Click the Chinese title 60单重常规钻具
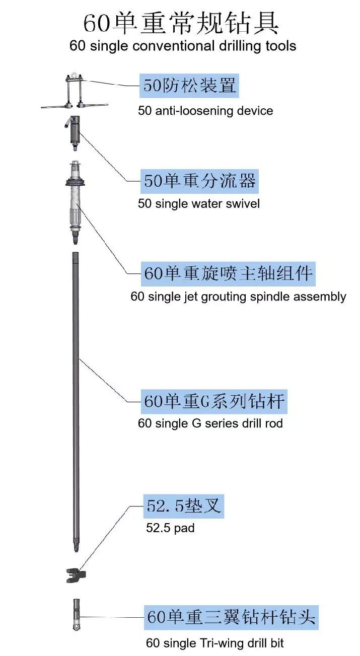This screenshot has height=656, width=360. pyautogui.click(x=181, y=23)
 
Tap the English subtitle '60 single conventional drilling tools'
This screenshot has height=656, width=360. pyautogui.click(x=183, y=46)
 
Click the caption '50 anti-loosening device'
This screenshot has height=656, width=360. pyautogui.click(x=205, y=111)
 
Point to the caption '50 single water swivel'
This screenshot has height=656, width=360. pyautogui.click(x=199, y=204)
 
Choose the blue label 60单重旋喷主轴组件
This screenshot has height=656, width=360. pyautogui.click(x=228, y=274)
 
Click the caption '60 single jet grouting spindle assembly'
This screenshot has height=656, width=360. pyautogui.click(x=238, y=297)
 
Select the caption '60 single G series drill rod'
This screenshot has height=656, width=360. pyautogui.click(x=210, y=423)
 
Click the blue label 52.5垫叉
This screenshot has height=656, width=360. pyautogui.click(x=183, y=506)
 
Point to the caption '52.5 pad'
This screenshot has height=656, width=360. pyautogui.click(x=170, y=529)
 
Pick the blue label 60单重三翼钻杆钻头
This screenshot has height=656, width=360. pyautogui.click(x=231, y=616)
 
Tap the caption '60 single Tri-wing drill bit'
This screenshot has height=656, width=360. pyautogui.click(x=215, y=643)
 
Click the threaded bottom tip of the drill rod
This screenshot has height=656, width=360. pyautogui.click(x=76, y=546)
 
